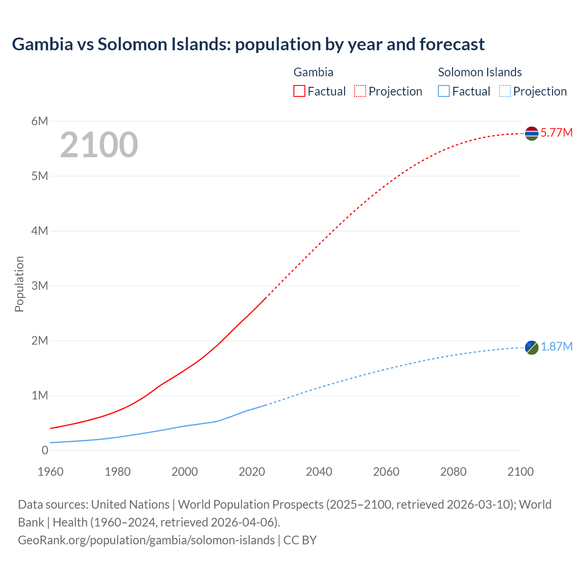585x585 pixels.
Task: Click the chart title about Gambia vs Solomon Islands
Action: click(248, 44)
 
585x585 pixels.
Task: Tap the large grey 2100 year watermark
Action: click(99, 145)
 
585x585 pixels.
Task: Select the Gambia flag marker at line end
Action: click(532, 133)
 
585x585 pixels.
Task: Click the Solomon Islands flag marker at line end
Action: click(532, 347)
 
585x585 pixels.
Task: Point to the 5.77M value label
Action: click(556, 133)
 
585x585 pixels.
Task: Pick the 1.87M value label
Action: click(556, 347)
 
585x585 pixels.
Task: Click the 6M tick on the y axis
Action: click(40, 121)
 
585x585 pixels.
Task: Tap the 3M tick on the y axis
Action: click(40, 286)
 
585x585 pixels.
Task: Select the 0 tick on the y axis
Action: click(45, 450)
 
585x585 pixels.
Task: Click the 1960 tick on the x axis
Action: click(51, 472)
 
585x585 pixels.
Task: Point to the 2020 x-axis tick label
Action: click(252, 472)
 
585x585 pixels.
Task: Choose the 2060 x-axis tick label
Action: click(386, 472)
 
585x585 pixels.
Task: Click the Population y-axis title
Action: click(19, 284)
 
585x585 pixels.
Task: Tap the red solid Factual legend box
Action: click(299, 91)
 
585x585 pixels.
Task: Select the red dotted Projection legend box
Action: click(360, 91)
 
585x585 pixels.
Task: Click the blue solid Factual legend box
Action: click(444, 91)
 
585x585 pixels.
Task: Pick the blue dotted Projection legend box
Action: click(505, 91)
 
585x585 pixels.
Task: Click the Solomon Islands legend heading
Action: click(480, 72)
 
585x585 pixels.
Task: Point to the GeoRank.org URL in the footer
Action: click(146, 540)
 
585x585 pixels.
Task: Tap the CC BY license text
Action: click(300, 540)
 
